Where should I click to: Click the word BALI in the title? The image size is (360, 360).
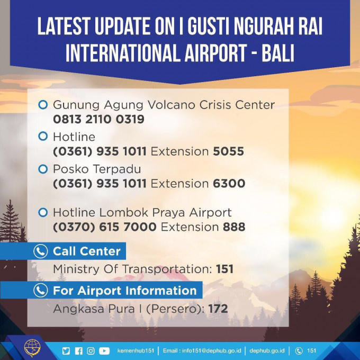pyautogui.click(x=278, y=53)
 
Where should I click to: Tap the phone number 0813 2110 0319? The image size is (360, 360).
pyautogui.click(x=98, y=119)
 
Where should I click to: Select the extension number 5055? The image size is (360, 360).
pyautogui.click(x=229, y=151)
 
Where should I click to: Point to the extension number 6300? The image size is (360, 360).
pyautogui.click(x=229, y=184)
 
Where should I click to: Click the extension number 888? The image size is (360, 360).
pyautogui.click(x=234, y=227)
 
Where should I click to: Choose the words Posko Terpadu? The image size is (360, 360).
pyautogui.click(x=97, y=169)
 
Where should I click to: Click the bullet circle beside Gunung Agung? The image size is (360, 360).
pyautogui.click(x=43, y=105)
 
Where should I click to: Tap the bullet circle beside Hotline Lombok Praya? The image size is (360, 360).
pyautogui.click(x=43, y=212)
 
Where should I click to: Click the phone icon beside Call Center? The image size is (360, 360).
pyautogui.click(x=41, y=251)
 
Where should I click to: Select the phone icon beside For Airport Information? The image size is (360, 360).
pyautogui.click(x=41, y=290)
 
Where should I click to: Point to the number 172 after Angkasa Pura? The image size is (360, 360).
pyautogui.click(x=218, y=309)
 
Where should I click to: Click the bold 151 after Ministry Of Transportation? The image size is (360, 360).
pyautogui.click(x=224, y=269)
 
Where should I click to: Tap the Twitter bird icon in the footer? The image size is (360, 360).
pyautogui.click(x=66, y=351)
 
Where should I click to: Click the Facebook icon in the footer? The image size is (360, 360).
pyautogui.click(x=78, y=351)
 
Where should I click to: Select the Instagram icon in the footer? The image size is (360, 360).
pyautogui.click(x=91, y=351)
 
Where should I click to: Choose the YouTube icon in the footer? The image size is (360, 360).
pyautogui.click(x=104, y=351)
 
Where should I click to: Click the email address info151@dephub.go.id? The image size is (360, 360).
pyautogui.click(x=211, y=351)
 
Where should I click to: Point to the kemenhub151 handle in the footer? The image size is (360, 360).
pyautogui.click(x=136, y=351)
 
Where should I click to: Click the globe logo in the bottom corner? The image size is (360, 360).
pyautogui.click(x=33, y=348)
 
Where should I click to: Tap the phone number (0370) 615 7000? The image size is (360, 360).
pyautogui.click(x=105, y=227)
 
